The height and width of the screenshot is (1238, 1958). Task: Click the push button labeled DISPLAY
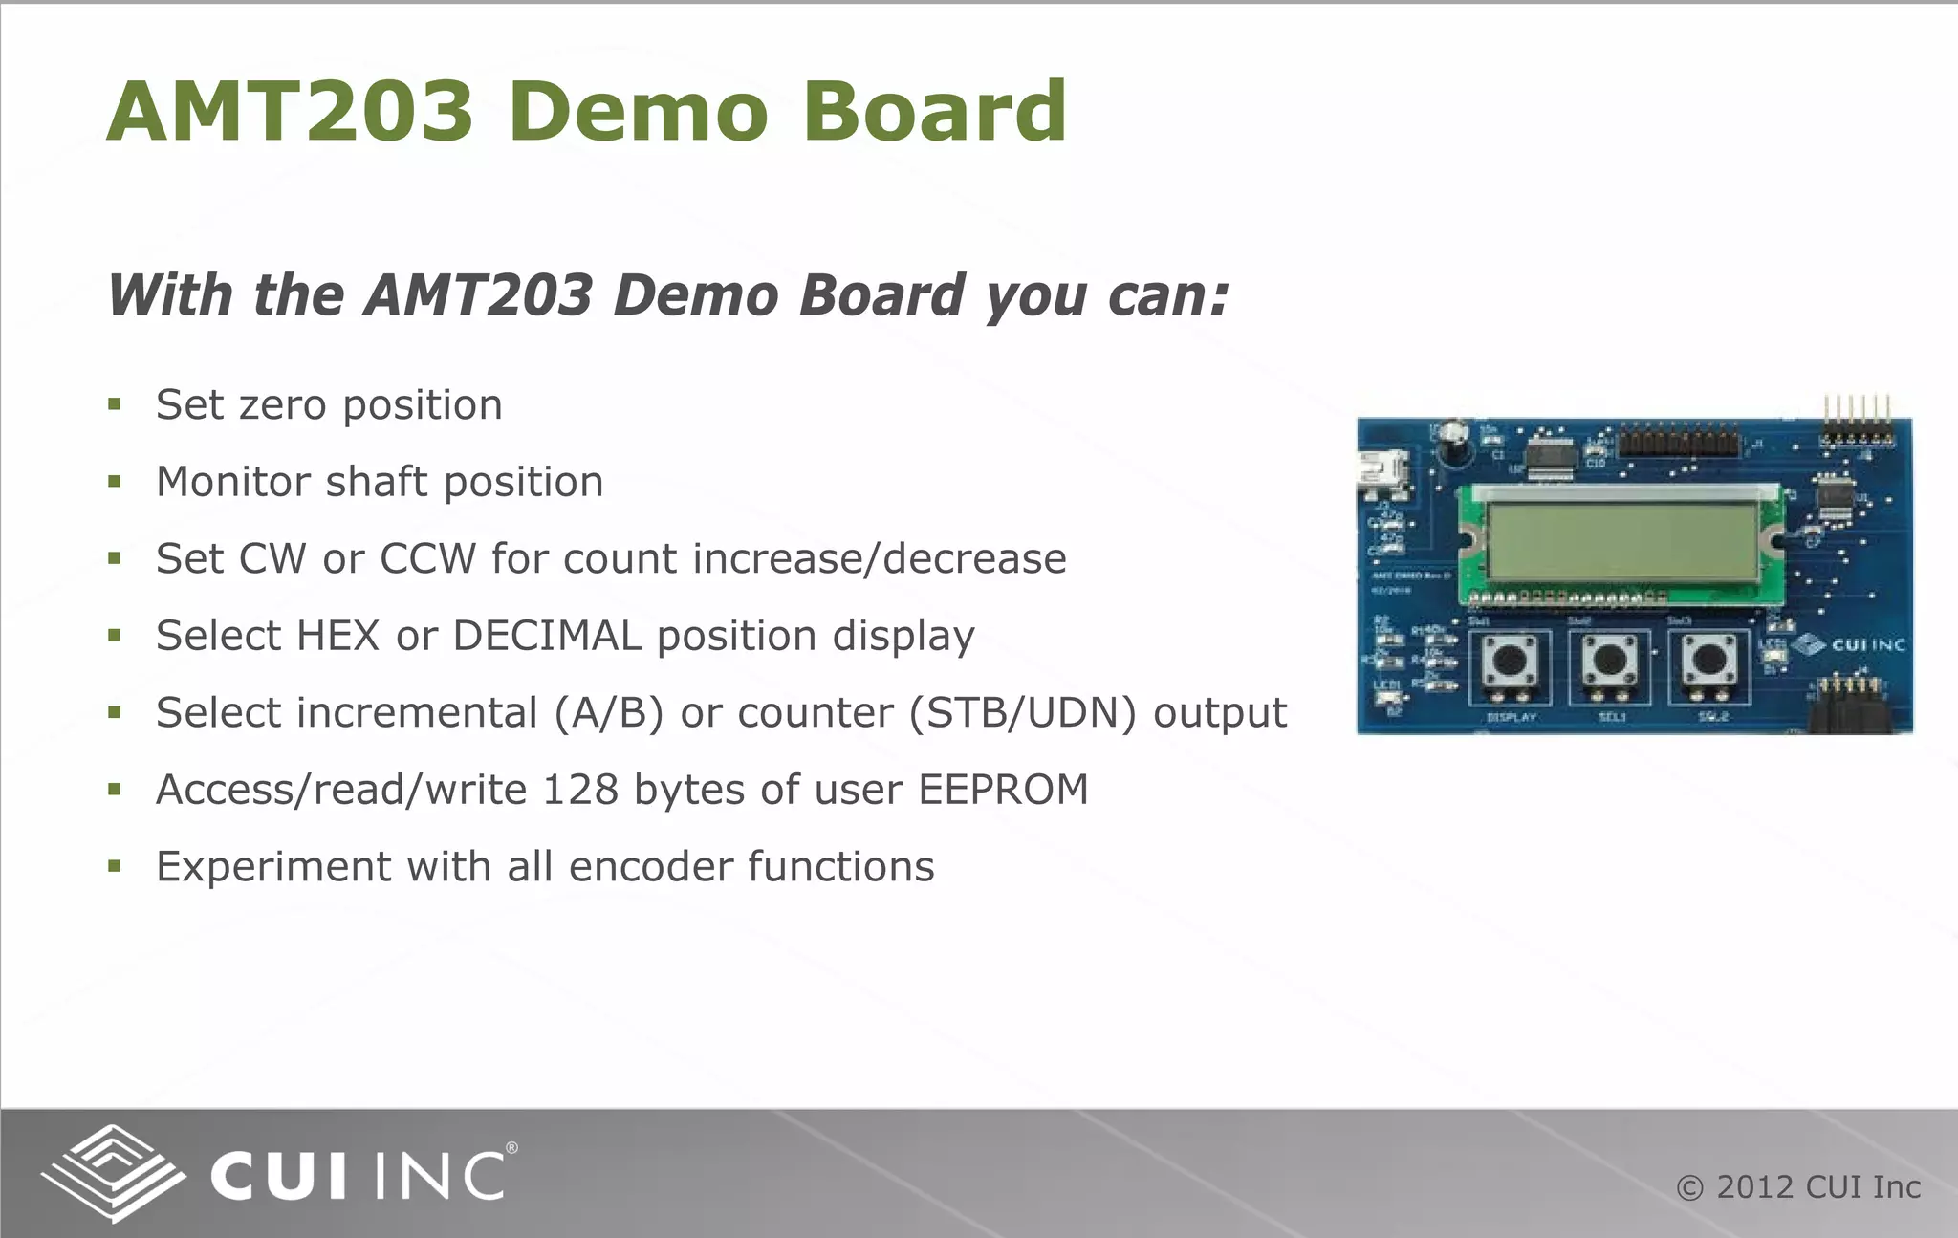tap(1510, 661)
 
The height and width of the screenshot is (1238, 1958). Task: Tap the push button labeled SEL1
tap(1610, 661)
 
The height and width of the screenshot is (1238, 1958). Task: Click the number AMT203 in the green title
tap(290, 112)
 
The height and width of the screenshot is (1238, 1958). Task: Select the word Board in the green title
tap(934, 112)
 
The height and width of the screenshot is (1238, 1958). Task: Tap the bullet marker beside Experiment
tap(115, 867)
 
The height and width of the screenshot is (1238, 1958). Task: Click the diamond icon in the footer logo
tap(113, 1172)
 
